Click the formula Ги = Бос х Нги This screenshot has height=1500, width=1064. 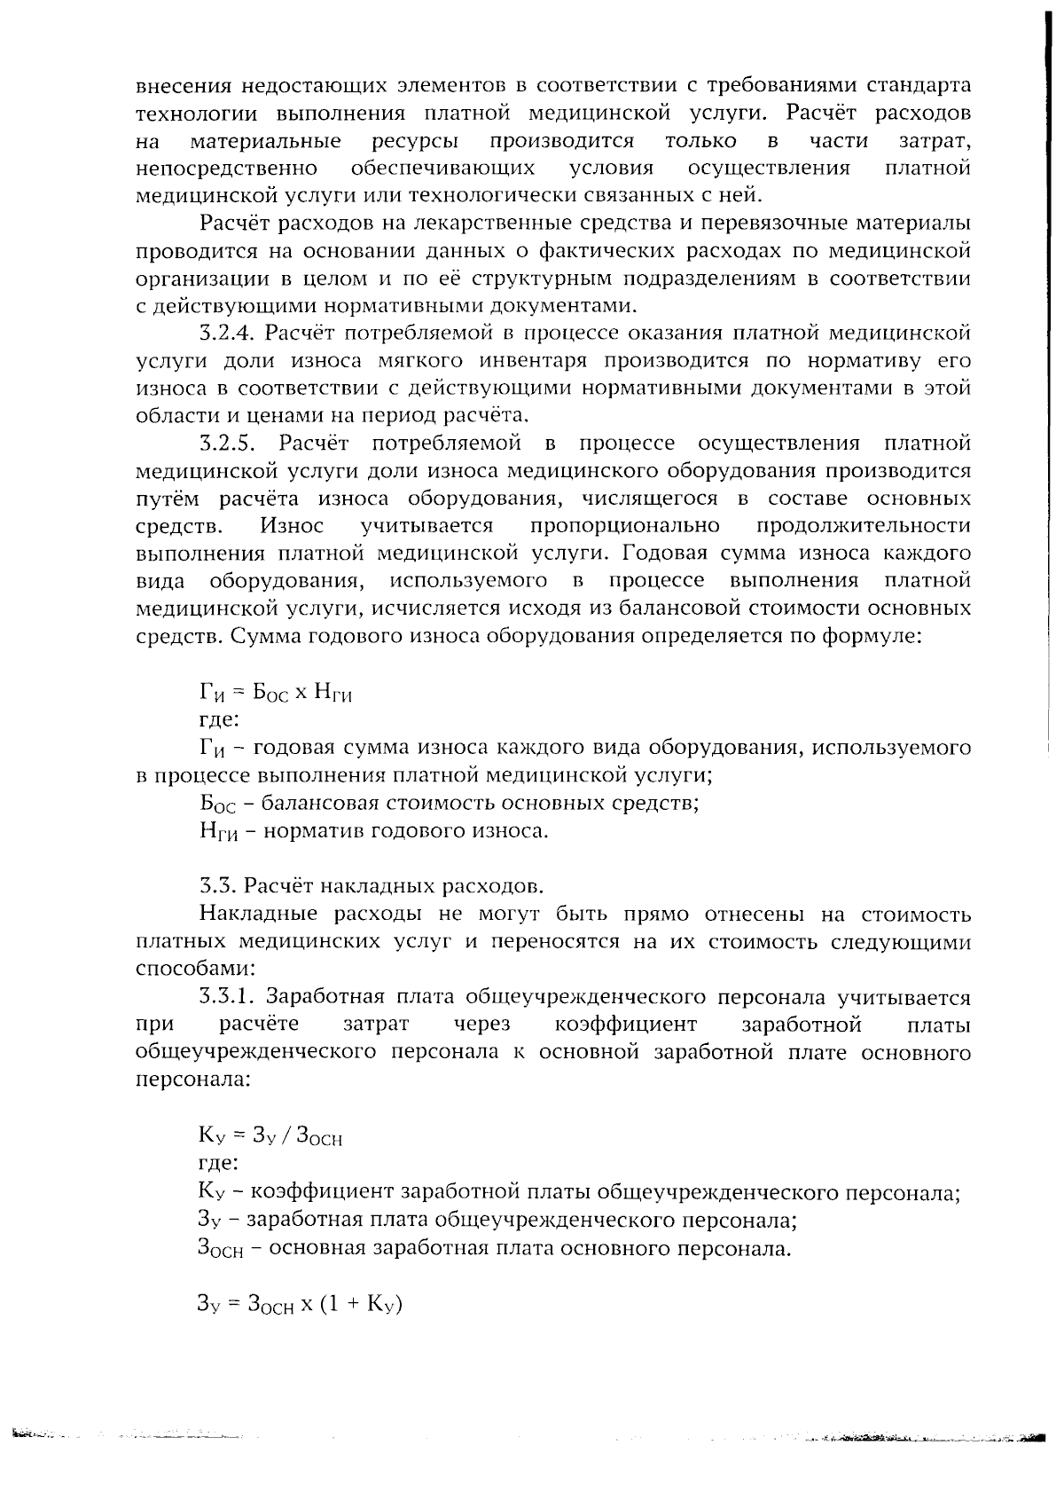[x=276, y=693]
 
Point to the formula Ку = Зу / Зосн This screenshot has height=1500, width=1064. [x=270, y=1135]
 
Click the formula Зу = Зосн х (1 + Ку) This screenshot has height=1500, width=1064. [x=300, y=1305]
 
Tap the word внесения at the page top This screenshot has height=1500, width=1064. [x=183, y=86]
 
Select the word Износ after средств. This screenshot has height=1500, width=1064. [x=292, y=526]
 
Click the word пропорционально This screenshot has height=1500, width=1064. [x=624, y=526]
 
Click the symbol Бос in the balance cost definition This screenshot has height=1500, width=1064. [x=215, y=805]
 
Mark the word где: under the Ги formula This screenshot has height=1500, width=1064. [x=217, y=720]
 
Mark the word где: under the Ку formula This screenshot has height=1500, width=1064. [x=217, y=1163]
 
